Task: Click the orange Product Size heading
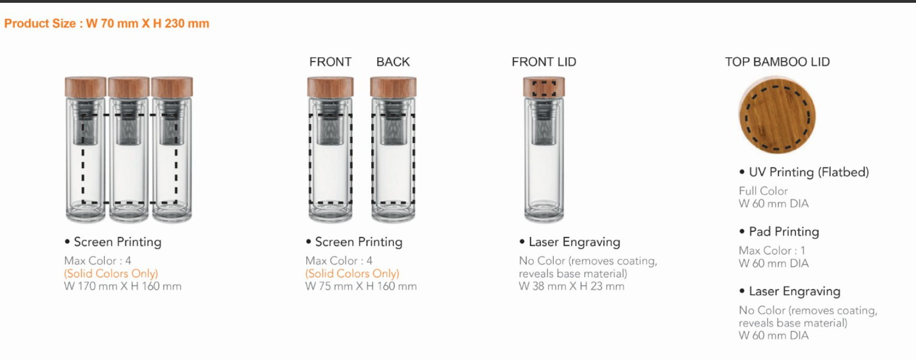[x=107, y=23]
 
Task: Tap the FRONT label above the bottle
[x=331, y=62]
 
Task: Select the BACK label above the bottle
[x=393, y=62]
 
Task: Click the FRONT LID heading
[x=544, y=62]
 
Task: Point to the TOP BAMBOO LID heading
[x=777, y=62]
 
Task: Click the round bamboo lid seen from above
[x=777, y=115]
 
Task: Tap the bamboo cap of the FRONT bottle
[x=331, y=87]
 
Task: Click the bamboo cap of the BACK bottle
[x=393, y=87]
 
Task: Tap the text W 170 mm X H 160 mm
[x=123, y=286]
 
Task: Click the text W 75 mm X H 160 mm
[x=361, y=286]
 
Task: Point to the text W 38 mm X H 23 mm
[x=571, y=286]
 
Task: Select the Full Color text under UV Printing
[x=763, y=191]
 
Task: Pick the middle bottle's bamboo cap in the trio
[x=129, y=87]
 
